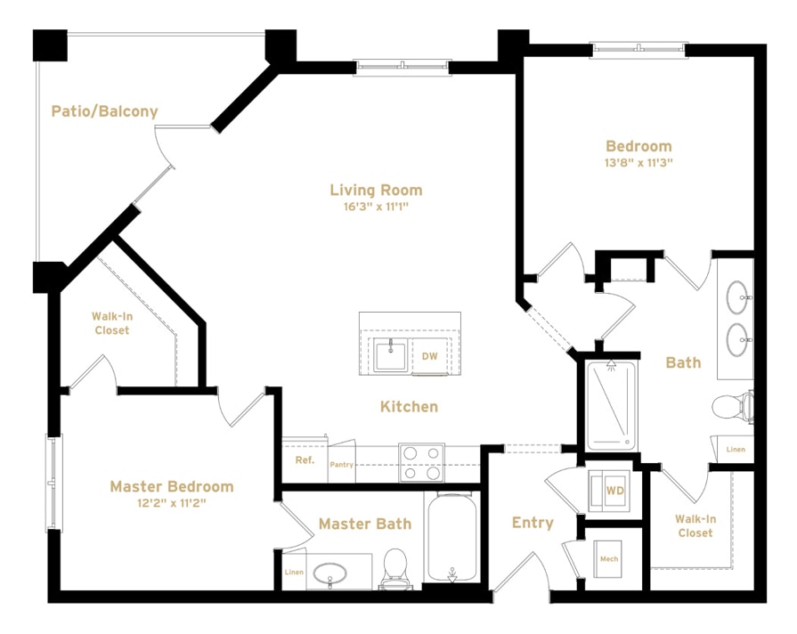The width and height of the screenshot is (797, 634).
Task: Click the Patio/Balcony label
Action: [x=104, y=111]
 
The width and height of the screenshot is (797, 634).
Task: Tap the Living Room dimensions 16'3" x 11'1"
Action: [x=376, y=207]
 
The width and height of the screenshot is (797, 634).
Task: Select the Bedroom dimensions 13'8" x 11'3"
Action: [x=638, y=163]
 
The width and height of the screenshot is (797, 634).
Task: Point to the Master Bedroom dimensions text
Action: [x=172, y=503]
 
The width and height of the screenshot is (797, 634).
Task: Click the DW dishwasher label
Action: [x=430, y=356]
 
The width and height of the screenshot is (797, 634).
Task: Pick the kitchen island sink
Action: [x=390, y=354]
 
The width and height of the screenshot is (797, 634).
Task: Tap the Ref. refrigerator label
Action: [x=305, y=460]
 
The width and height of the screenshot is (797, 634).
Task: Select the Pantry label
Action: [x=342, y=465]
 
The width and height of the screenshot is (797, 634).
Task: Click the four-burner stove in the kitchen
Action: [x=421, y=462]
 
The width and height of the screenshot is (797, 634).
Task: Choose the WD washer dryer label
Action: [x=614, y=491]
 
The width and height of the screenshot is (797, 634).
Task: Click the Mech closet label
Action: [x=609, y=559]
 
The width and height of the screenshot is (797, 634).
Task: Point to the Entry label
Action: [x=533, y=523]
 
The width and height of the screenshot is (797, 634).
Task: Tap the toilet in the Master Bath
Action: [x=394, y=568]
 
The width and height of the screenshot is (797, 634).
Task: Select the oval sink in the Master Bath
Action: [x=330, y=571]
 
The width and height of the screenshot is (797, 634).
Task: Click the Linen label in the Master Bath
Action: [x=294, y=572]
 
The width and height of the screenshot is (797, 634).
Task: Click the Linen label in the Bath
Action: [x=736, y=450]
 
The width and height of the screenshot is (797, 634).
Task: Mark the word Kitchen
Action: [x=409, y=406]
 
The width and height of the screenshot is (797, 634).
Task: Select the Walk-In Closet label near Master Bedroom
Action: [x=110, y=323]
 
